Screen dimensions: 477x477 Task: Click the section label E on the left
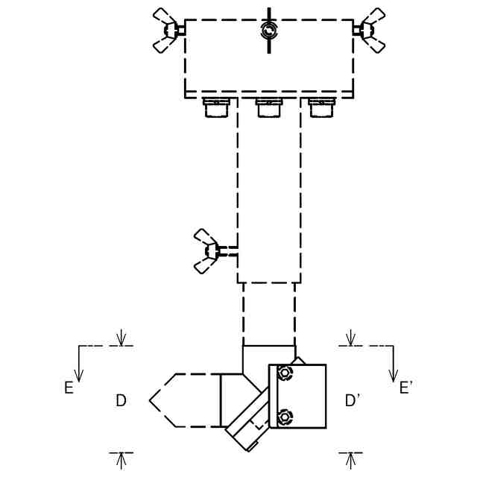[69, 388]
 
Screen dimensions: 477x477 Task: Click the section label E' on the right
[405, 388]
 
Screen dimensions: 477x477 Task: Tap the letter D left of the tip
[121, 401]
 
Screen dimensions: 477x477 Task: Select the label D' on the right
[353, 401]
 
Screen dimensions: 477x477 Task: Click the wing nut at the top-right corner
[370, 30]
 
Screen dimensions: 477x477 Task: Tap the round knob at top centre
[269, 31]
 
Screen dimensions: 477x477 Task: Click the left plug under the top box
[216, 107]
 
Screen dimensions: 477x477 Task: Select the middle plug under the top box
[269, 107]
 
